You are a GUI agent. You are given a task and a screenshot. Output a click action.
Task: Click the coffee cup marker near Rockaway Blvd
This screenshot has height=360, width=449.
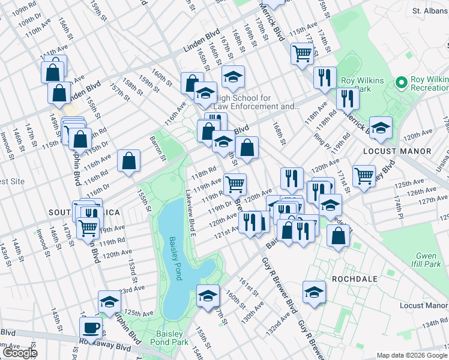coord(91,328)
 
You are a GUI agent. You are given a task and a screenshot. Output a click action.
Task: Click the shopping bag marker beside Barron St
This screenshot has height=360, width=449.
coord(128,161)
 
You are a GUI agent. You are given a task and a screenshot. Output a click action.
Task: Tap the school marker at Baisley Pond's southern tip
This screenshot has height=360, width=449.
coord(208,296)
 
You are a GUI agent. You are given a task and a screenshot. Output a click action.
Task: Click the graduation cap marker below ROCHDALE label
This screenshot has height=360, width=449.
coord(314,292)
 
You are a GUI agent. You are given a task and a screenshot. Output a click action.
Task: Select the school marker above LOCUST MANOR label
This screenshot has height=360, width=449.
coord(381,127)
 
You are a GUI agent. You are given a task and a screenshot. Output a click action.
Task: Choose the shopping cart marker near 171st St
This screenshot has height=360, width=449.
coord(364,176)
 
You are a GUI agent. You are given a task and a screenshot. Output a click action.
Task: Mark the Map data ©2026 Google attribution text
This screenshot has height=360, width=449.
coord(412,355)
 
